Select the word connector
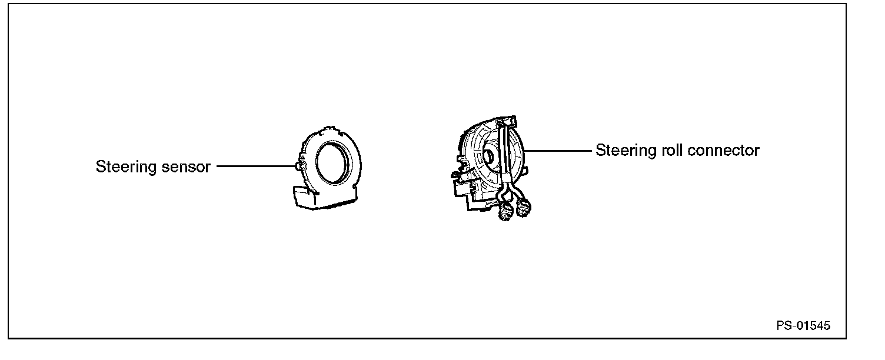tap(724, 151)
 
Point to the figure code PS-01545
tap(803, 326)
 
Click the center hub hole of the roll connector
tap(488, 157)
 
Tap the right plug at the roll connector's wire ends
tap(524, 208)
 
